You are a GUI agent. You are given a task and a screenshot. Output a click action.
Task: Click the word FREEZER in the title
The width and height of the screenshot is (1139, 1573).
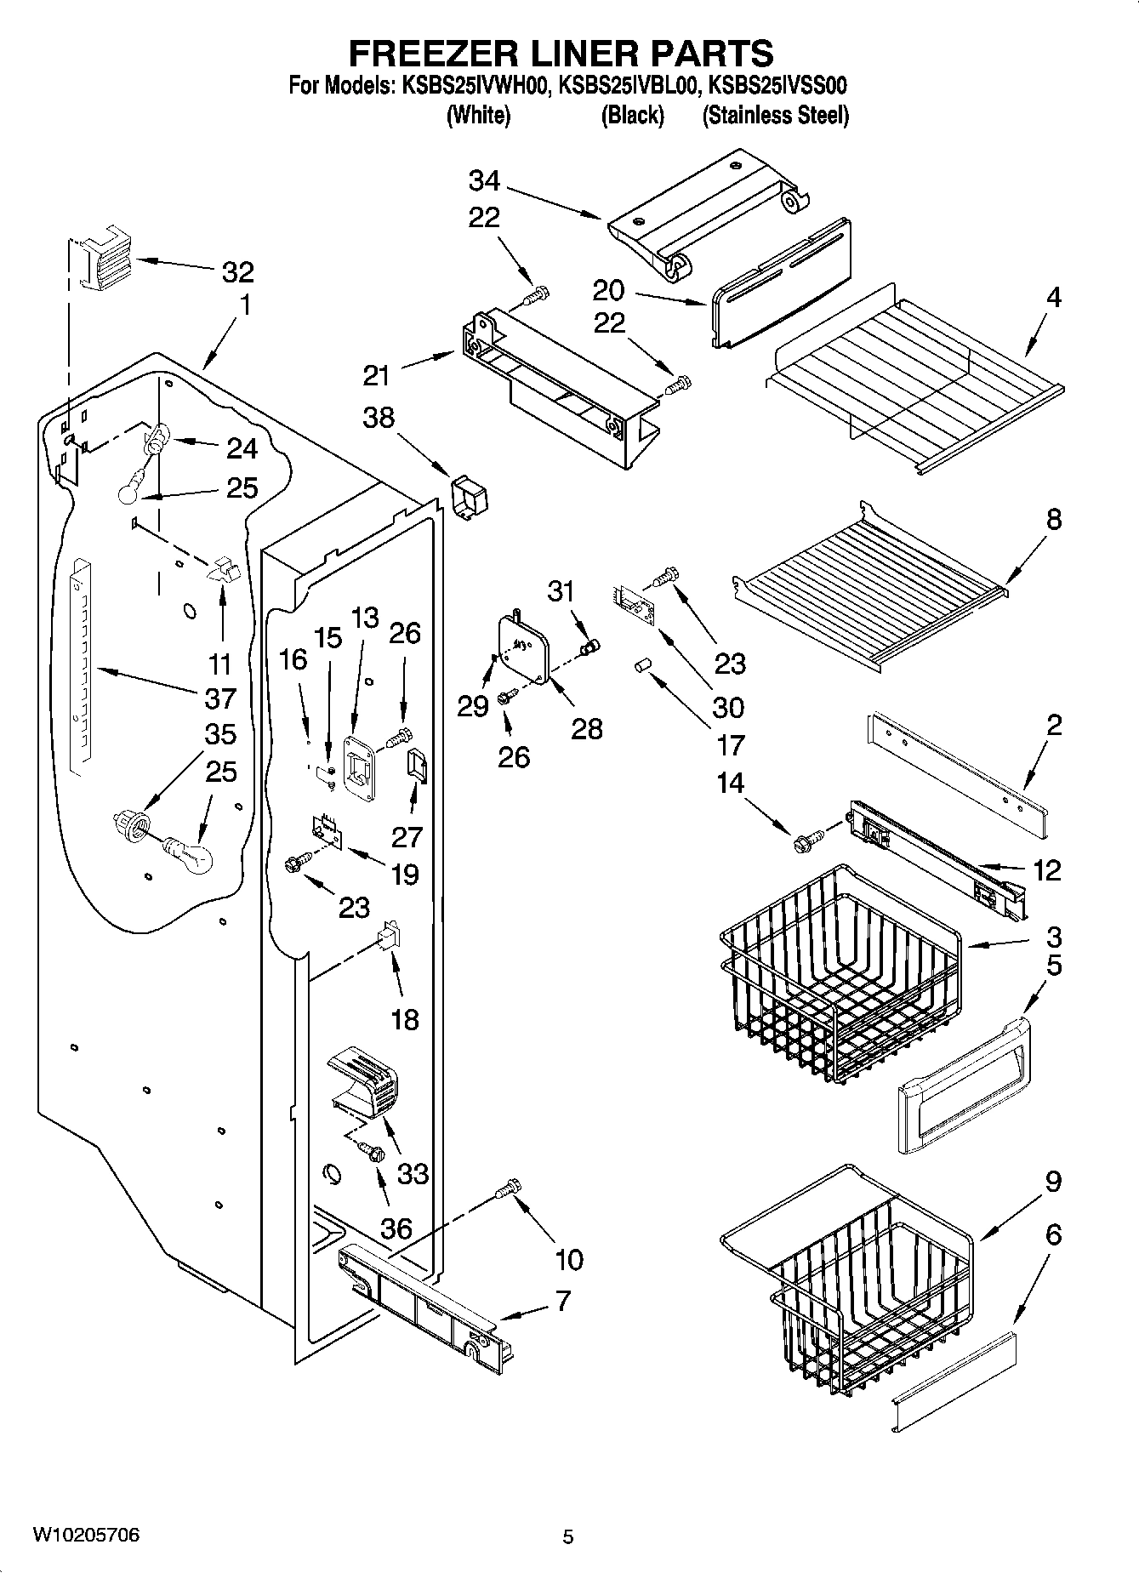coord(428,53)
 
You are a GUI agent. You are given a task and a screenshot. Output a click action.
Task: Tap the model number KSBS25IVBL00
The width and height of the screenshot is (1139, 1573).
coord(629,86)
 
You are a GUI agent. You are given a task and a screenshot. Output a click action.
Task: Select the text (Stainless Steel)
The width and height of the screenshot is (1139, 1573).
coord(775,116)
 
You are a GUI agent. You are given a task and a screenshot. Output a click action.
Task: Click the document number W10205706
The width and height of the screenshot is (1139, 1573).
coord(86,1535)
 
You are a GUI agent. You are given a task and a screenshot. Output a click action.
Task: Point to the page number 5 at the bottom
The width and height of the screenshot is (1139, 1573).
coord(568,1536)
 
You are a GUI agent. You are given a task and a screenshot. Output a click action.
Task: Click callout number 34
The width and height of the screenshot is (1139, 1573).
coord(484,180)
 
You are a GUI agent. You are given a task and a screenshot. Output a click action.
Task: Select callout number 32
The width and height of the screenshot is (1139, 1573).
coord(237,272)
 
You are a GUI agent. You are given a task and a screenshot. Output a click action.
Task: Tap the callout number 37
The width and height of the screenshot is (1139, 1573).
coord(219,698)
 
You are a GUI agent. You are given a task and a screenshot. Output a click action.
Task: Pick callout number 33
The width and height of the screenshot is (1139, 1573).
coord(413,1174)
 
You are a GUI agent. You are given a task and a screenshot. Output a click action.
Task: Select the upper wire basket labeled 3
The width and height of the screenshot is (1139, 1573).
coord(838,970)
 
